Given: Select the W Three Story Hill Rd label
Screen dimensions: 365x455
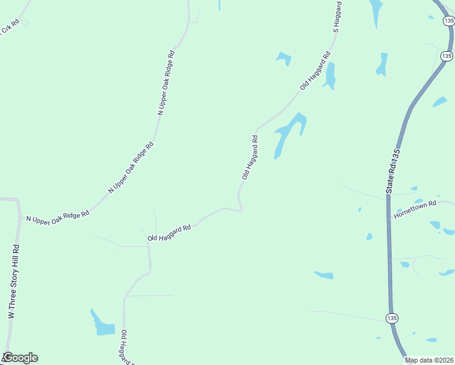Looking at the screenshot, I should (x=13, y=282).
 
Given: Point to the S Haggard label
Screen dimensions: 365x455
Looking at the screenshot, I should (x=338, y=16).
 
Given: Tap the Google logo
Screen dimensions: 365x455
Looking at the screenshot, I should (x=20, y=358).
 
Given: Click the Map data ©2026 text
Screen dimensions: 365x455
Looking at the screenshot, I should (x=429, y=360).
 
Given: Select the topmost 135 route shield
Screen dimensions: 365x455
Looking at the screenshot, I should (x=448, y=21).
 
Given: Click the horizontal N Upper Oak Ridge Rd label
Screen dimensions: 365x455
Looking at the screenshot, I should (x=57, y=215).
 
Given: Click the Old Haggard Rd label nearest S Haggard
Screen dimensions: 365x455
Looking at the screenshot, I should (x=315, y=72).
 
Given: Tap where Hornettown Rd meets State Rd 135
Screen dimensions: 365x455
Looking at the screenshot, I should (x=389, y=218).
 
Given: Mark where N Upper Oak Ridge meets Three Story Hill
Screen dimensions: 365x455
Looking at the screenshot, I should (x=20, y=217).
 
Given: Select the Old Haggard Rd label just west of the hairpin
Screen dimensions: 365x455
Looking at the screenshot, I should (x=169, y=232).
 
